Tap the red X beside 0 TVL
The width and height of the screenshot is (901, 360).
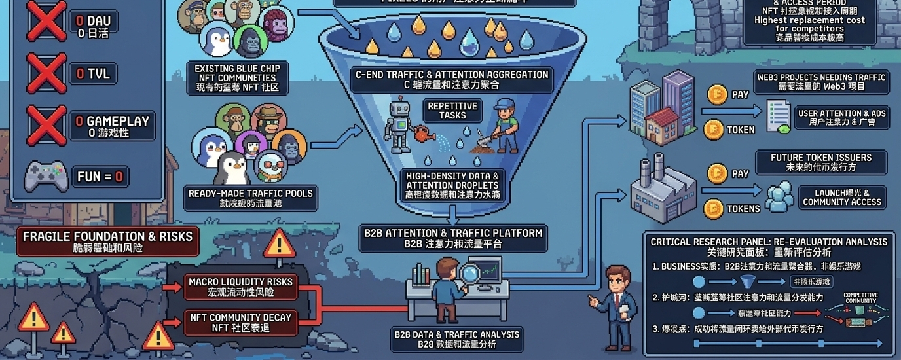point(46,73)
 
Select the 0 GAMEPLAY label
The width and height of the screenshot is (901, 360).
point(112,126)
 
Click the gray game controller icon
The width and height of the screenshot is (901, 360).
point(46,177)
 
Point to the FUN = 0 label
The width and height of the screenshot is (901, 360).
point(100,177)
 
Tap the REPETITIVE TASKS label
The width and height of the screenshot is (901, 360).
point(452,110)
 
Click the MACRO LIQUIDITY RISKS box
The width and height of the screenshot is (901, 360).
point(240,286)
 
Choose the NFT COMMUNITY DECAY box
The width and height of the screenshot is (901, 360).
point(240,321)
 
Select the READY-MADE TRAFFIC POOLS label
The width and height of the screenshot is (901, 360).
point(251,198)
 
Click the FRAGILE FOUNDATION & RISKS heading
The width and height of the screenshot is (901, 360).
point(108,242)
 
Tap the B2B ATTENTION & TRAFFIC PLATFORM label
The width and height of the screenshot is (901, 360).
point(453,238)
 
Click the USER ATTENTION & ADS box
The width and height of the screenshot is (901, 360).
point(841,117)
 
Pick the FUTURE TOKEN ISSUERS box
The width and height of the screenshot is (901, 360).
point(820,162)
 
